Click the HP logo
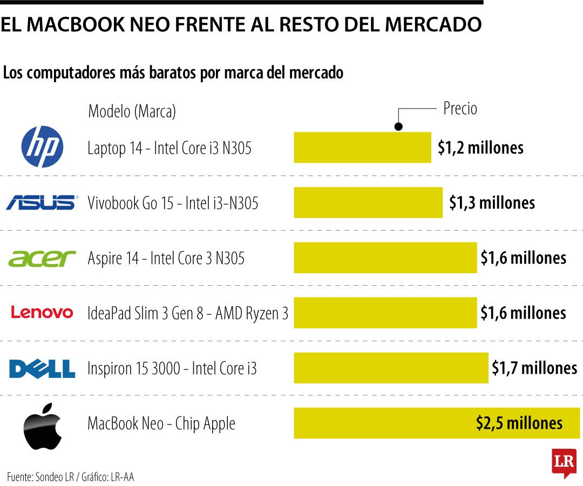42,147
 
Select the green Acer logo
42,259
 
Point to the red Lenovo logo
42,313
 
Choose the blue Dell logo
42,369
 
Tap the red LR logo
564,462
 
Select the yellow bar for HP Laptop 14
362,147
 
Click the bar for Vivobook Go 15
368,202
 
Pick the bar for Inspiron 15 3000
391,368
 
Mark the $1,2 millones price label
480,147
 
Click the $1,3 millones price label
492,202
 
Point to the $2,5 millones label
519,423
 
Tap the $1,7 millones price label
534,368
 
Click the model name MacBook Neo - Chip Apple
161,423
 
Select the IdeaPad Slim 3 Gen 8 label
188,313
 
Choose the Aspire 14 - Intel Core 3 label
166,258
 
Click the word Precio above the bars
460,109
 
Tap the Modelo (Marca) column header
132,112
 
